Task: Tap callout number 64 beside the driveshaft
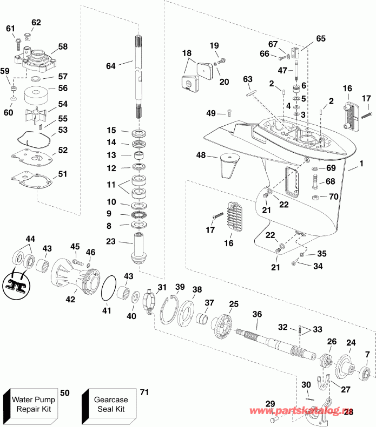110,66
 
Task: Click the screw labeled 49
228,112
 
